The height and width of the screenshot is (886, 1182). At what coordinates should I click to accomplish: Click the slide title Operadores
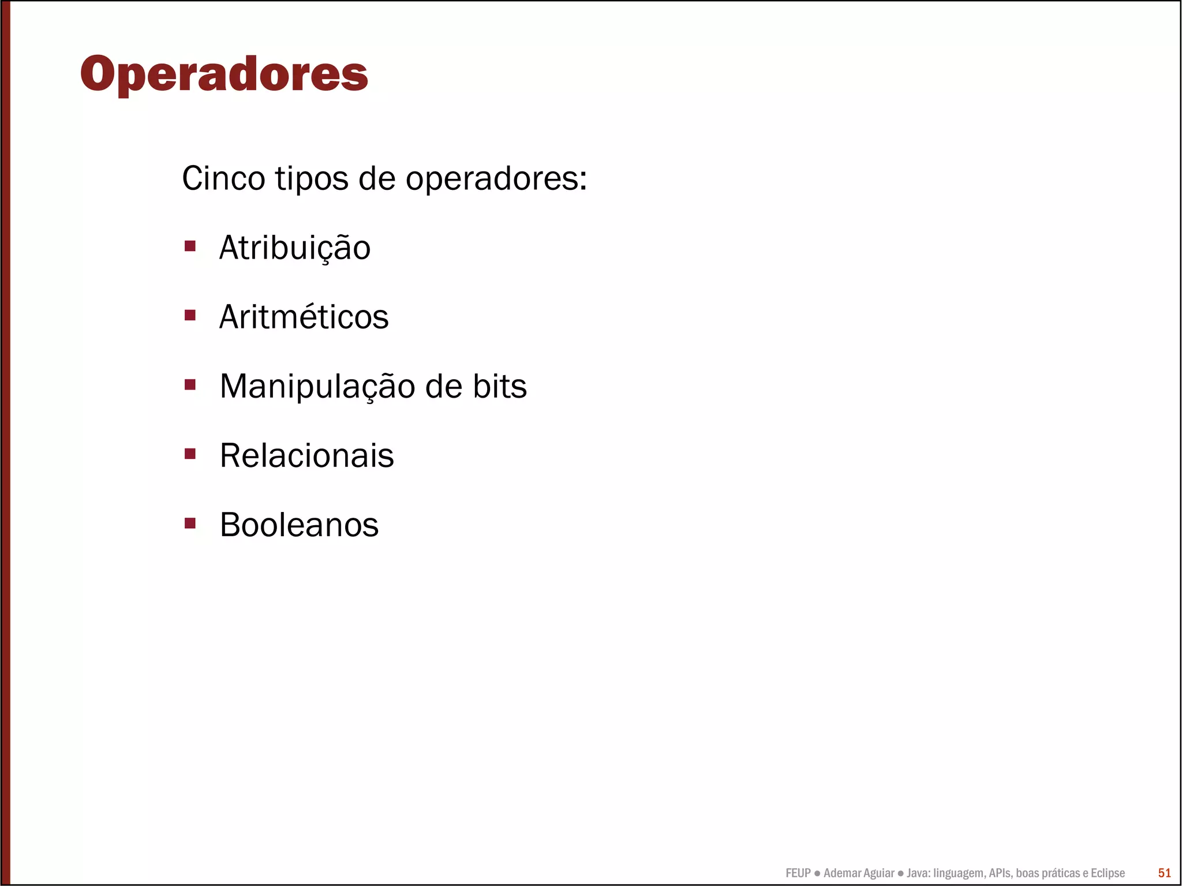224,74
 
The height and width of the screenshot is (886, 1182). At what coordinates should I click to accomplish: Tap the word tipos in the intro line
312,178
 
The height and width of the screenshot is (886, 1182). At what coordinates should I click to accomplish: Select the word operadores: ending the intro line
496,178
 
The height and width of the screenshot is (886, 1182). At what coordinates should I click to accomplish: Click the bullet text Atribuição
295,248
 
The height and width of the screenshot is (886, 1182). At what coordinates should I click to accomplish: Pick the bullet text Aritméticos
304,317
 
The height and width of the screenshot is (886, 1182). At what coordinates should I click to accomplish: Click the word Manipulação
317,387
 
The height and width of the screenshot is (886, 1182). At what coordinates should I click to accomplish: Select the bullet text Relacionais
306,456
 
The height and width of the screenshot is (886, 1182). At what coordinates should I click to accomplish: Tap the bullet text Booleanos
299,525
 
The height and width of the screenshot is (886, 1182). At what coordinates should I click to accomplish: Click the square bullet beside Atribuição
190,246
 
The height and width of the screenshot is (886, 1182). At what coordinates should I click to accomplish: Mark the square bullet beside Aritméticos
190,315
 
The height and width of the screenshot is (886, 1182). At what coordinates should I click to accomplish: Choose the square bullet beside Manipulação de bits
190,384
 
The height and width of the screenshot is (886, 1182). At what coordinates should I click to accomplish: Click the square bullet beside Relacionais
190,454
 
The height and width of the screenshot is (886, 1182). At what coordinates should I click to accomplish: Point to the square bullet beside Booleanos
190,523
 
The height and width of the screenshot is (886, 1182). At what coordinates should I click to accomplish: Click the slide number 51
1164,873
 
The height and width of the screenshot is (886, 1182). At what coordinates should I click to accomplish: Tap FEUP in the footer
798,873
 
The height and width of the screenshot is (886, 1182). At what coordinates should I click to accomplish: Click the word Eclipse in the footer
1108,873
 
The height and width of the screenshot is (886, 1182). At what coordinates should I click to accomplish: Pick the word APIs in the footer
1000,873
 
